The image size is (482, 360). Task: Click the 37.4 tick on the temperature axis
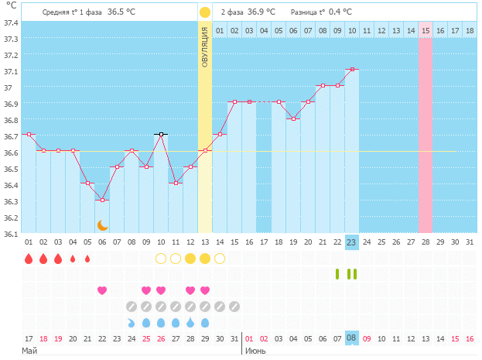pyautogui.click(x=11, y=22)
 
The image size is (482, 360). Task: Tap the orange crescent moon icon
pyautogui.click(x=102, y=225)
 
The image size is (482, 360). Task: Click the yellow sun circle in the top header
pyautogui.click(x=204, y=12)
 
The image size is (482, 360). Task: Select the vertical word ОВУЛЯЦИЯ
pyautogui.click(x=204, y=46)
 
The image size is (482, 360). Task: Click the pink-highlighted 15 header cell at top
pyautogui.click(x=426, y=30)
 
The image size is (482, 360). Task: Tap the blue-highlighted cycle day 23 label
pyautogui.click(x=351, y=242)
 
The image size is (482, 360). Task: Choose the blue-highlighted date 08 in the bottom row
pyautogui.click(x=351, y=338)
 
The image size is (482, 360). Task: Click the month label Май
pyautogui.click(x=29, y=351)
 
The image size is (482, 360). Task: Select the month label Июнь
pyautogui.click(x=256, y=351)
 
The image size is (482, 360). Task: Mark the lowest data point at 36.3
pyautogui.click(x=102, y=200)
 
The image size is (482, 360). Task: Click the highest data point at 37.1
pyautogui.click(x=351, y=70)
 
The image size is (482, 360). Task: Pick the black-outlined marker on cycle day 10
pyautogui.click(x=160, y=134)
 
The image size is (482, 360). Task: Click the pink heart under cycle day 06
pyautogui.click(x=102, y=290)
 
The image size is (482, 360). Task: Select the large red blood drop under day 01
pyautogui.click(x=29, y=259)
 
